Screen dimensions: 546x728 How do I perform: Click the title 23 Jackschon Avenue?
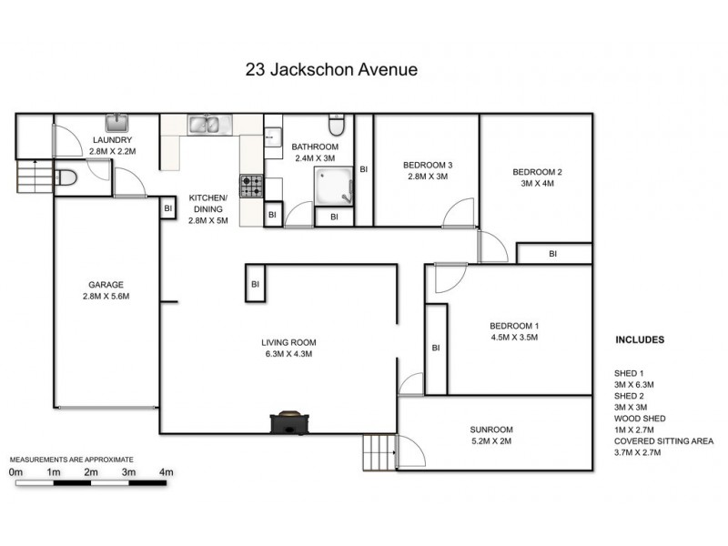tap(331, 68)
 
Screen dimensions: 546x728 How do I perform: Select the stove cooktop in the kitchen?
tap(251, 186)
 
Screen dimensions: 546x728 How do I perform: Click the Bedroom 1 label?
tap(514, 326)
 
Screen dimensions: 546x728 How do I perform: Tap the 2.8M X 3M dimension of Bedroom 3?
tap(427, 177)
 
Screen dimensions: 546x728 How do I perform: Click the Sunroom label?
tap(491, 430)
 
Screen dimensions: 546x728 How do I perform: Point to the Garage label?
tap(106, 284)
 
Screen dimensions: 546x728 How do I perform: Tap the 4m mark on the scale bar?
tap(166, 472)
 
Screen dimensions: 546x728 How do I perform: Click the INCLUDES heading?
tap(640, 339)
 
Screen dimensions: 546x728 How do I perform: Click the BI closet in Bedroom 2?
tap(553, 253)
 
